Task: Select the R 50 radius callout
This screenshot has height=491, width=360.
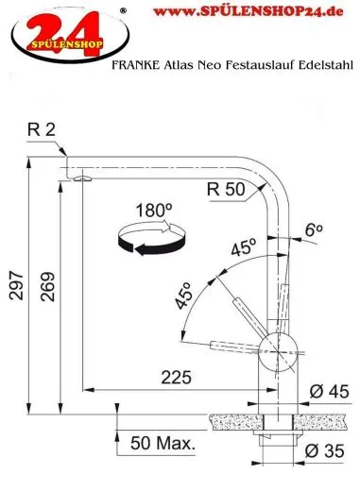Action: [x=224, y=188]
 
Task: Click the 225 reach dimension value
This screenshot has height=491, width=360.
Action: [x=174, y=377]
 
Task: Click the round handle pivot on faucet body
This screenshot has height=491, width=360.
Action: [x=277, y=346]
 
